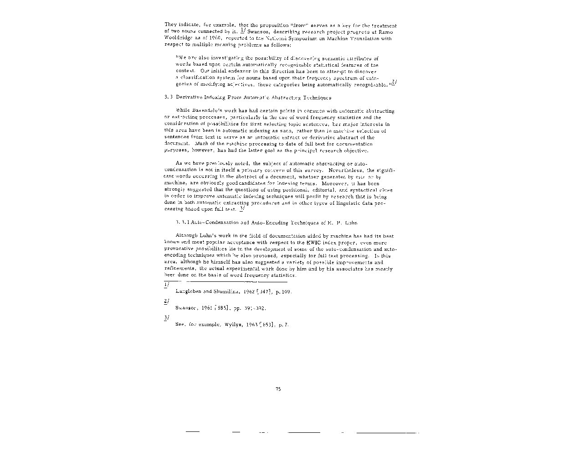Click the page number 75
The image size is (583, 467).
tap(278, 389)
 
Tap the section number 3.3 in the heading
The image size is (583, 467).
tap(168, 98)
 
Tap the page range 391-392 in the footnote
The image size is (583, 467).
tap(255, 308)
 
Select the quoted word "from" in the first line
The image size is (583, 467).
tap(299, 25)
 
